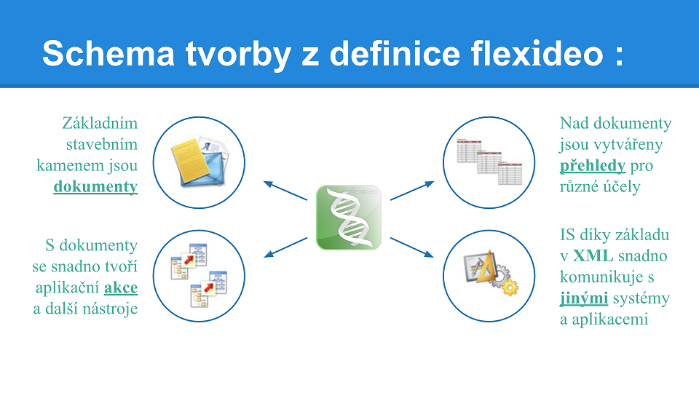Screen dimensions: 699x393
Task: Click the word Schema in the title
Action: (108, 53)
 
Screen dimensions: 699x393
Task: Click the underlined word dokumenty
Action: (95, 186)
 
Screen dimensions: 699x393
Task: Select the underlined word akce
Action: (121, 287)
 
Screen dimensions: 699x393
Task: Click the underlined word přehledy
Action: (593, 165)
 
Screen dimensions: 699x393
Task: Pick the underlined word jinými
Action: (584, 298)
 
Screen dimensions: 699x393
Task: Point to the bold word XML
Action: (593, 255)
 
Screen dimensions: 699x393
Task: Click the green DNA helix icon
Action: (349, 218)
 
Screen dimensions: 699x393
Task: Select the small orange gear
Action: (510, 287)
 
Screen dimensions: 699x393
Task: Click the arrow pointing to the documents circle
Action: (285, 191)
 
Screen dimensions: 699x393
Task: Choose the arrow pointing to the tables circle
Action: (412, 191)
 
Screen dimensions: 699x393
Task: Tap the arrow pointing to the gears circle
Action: (412, 247)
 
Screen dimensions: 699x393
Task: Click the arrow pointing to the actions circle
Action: (285, 247)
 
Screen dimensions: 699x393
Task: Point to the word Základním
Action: (100, 123)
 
